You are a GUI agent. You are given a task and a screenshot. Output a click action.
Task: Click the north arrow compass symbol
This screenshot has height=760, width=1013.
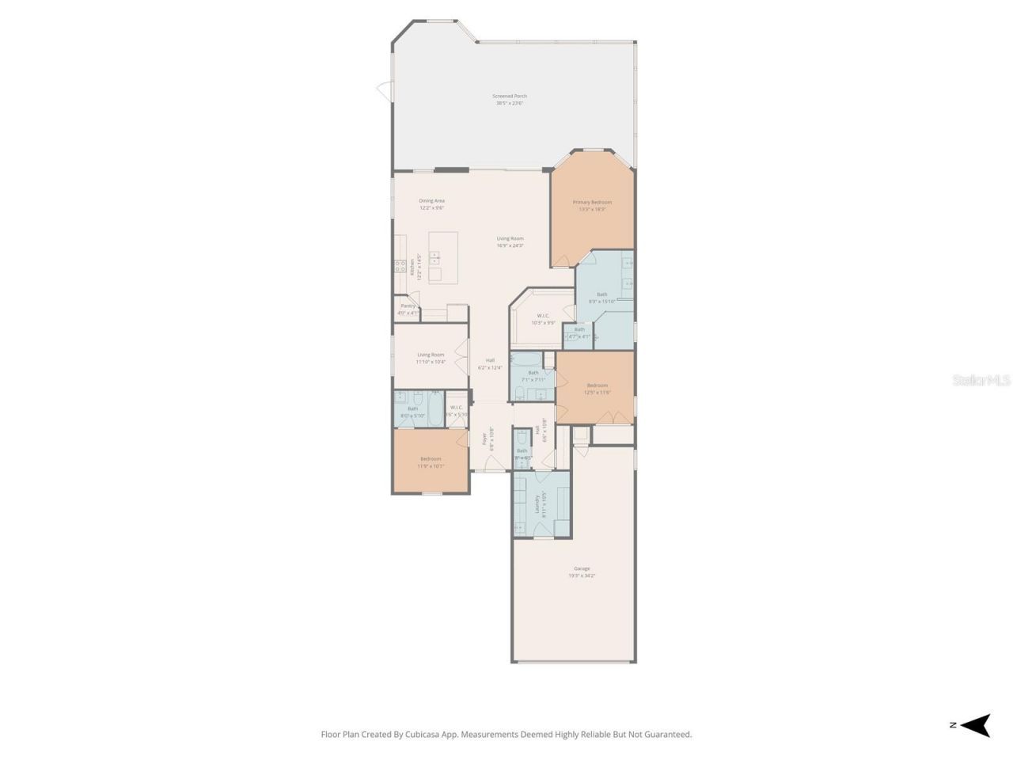click(x=977, y=725)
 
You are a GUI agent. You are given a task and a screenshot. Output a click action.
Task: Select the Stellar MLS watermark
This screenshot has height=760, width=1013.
click(x=981, y=381)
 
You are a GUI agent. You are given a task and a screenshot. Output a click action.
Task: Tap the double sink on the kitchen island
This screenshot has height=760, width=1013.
click(x=434, y=256)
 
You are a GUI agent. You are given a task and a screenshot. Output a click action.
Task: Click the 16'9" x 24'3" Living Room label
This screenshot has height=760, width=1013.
click(x=510, y=241)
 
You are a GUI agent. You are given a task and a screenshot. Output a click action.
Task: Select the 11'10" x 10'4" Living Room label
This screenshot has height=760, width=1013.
click(x=431, y=358)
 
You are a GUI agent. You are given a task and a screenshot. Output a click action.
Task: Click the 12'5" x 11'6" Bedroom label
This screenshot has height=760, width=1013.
click(x=598, y=388)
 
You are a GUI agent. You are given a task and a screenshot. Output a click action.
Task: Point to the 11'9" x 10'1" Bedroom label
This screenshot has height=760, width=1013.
click(x=431, y=462)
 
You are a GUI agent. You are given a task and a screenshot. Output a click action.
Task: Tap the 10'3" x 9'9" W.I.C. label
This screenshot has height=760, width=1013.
click(x=543, y=319)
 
